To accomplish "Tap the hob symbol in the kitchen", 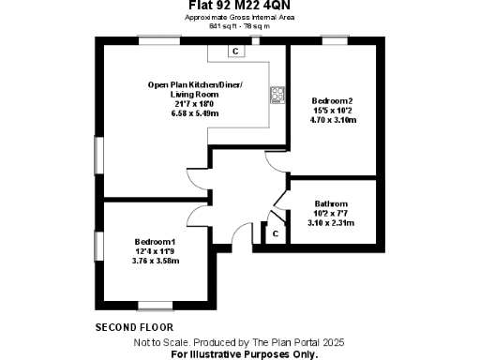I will tap(277, 94).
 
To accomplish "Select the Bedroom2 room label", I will tap(332, 100).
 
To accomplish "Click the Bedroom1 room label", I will tap(156, 242).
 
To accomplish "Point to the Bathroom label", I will tap(332, 204).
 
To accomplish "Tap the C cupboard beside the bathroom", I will tap(276, 232).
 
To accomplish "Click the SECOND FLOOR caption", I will tap(133, 327).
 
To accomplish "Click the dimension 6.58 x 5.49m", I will tap(195, 113).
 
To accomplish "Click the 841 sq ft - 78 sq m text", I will tap(240, 25).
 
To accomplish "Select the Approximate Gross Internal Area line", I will tap(240, 18).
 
